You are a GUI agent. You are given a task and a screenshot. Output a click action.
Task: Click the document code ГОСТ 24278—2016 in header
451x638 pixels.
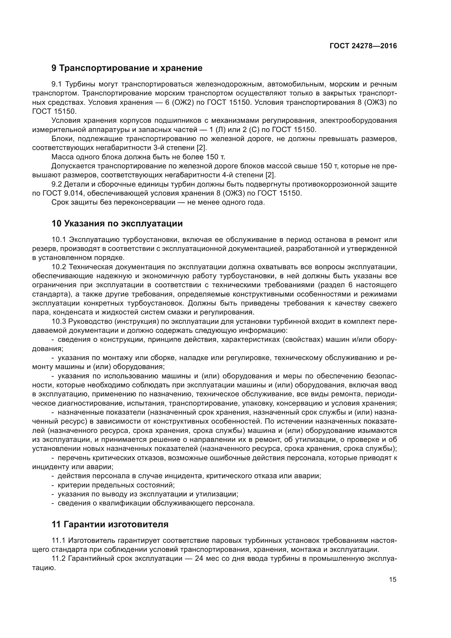[x=363, y=46]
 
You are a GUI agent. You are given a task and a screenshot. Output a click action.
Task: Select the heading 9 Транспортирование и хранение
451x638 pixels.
[x=127, y=68]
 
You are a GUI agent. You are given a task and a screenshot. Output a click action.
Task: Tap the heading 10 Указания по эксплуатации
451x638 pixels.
[x=117, y=223]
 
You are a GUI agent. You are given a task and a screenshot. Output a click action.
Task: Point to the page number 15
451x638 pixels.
[x=393, y=579]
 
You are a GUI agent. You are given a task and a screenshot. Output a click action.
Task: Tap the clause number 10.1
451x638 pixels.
[x=59, y=239]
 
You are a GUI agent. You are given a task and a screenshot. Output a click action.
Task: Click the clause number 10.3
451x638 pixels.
[x=59, y=322]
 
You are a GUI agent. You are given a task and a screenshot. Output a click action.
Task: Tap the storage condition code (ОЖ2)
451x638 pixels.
[x=183, y=102]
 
